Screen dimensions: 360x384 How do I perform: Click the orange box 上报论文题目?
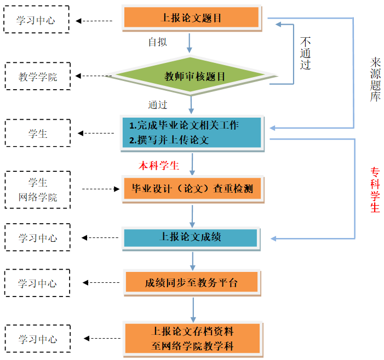click(191, 18)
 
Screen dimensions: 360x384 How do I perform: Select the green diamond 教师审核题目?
click(192, 77)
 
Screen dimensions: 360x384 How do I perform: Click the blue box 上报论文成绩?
click(190, 237)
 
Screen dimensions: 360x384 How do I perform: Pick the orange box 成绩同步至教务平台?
click(191, 283)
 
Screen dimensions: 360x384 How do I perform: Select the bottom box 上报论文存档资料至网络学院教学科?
click(191, 339)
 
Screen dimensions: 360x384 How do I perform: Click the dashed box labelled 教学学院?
click(38, 77)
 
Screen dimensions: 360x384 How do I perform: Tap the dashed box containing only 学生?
click(38, 133)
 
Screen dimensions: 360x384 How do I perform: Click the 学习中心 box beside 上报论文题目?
click(37, 21)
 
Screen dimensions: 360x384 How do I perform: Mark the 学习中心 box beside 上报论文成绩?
click(37, 239)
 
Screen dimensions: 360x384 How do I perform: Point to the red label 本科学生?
click(159, 166)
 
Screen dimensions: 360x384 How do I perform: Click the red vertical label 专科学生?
click(375, 189)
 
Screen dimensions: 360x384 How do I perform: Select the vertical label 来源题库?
click(375, 79)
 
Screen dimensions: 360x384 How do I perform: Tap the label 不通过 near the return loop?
click(306, 54)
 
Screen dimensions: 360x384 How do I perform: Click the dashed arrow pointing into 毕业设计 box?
click(101, 190)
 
